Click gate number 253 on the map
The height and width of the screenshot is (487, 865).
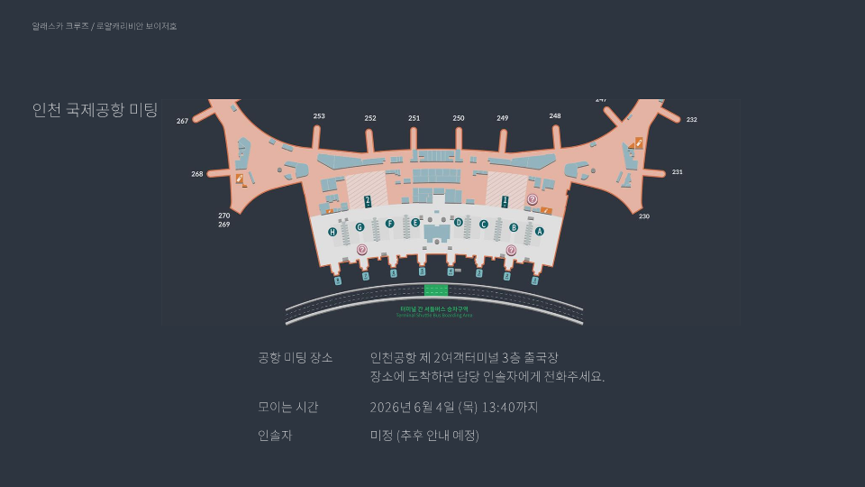point(319,116)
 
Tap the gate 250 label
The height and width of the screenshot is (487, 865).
point(459,118)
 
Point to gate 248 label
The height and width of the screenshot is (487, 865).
point(555,116)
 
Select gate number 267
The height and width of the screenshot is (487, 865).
point(183,121)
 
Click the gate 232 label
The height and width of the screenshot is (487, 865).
point(691,120)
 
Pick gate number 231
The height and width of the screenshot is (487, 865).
point(678,171)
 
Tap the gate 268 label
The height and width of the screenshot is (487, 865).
point(197,174)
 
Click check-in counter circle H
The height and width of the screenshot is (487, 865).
point(332,232)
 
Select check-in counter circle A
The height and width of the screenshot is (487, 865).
point(540,232)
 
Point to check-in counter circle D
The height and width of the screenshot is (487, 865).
point(459,223)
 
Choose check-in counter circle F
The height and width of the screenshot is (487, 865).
point(389,224)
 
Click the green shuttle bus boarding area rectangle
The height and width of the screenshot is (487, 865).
point(436,290)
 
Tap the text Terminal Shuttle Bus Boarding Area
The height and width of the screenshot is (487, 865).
point(436,316)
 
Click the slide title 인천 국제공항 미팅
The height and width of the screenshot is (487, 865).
point(95,110)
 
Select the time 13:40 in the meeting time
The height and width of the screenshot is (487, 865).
point(498,407)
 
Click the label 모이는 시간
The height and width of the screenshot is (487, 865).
point(287,407)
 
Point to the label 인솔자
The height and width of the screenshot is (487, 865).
point(275,436)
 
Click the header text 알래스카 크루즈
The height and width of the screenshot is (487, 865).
point(60,26)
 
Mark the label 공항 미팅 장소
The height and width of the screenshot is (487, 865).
point(296,358)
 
